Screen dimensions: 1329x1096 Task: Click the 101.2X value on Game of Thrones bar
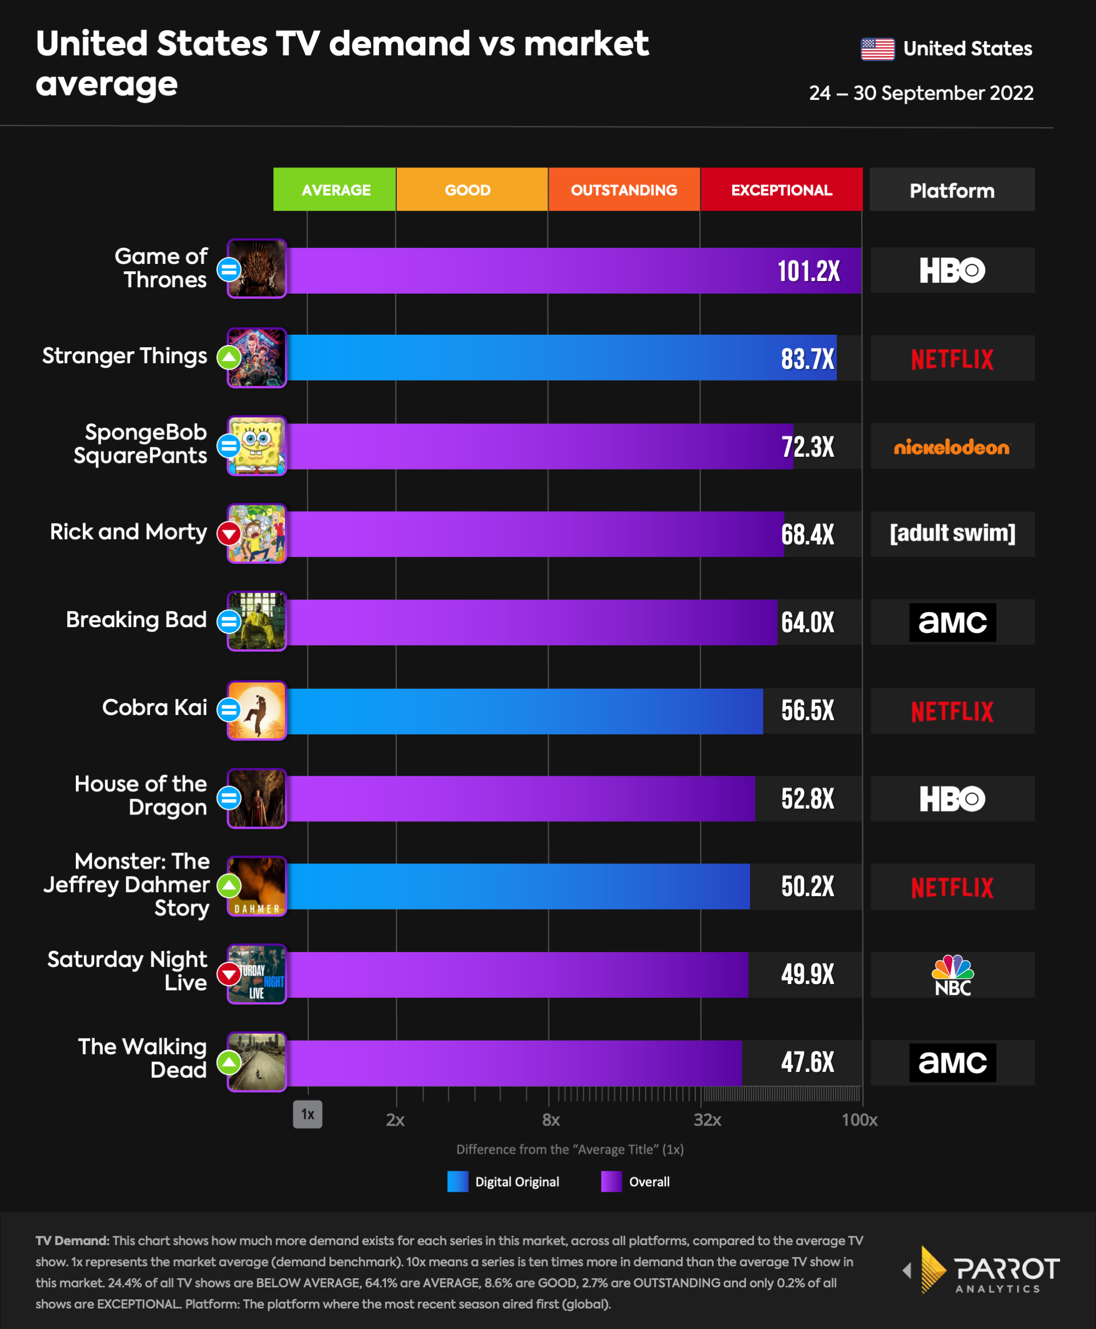(808, 271)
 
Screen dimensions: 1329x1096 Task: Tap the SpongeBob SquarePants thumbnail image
(256, 446)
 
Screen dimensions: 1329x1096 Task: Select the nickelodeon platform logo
(952, 447)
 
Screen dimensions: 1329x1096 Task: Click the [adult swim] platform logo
(952, 533)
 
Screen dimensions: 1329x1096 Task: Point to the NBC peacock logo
(953, 975)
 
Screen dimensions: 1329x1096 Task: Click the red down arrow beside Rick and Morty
(228, 534)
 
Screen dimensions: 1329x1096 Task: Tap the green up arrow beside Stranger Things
(228, 358)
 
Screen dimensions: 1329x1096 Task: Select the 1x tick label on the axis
(308, 1114)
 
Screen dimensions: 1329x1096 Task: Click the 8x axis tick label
(550, 1120)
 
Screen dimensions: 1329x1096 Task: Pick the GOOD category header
(468, 190)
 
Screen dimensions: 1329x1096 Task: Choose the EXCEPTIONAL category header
(781, 190)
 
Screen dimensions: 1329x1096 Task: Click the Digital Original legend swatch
(458, 1181)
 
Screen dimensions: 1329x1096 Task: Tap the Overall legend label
(649, 1182)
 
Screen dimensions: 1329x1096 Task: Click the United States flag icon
(877, 49)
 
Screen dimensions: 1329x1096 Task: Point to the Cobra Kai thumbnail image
(256, 710)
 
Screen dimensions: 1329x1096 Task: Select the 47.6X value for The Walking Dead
(808, 1062)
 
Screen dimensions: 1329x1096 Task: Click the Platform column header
(952, 190)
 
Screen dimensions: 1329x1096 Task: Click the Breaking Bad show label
(136, 620)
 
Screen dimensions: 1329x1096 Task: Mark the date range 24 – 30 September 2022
(921, 94)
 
